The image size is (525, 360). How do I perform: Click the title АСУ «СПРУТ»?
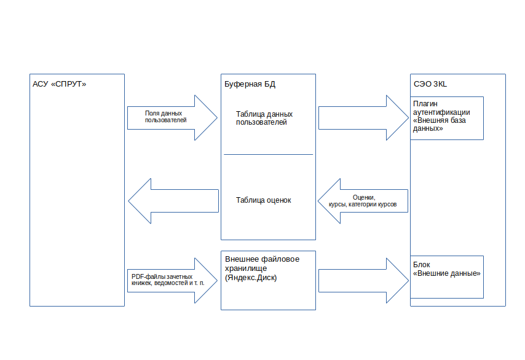point(60,84)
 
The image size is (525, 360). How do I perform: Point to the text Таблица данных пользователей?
point(264,118)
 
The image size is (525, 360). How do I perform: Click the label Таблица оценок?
point(263,200)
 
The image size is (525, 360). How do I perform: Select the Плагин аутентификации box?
point(447,118)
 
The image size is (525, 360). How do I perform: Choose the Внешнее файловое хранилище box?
point(268,280)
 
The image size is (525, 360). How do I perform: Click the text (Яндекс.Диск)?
point(251,278)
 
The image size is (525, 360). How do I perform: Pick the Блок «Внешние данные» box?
point(447,277)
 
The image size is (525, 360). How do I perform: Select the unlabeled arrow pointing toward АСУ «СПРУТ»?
point(173,200)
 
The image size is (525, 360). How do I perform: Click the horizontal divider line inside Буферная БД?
point(268,154)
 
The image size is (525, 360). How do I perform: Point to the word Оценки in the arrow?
point(363,197)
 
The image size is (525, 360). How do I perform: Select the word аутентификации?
point(442,112)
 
